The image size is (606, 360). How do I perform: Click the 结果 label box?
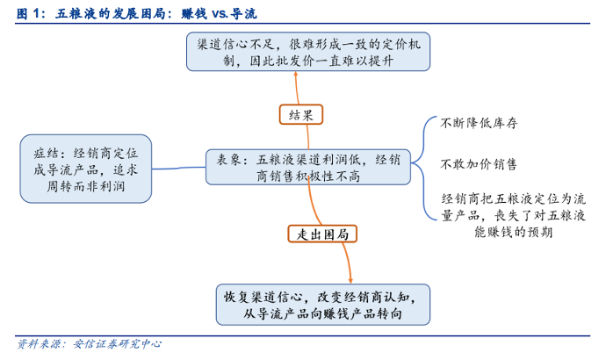302,114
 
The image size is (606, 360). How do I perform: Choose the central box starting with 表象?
307,168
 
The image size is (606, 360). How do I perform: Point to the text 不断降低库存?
479,124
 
